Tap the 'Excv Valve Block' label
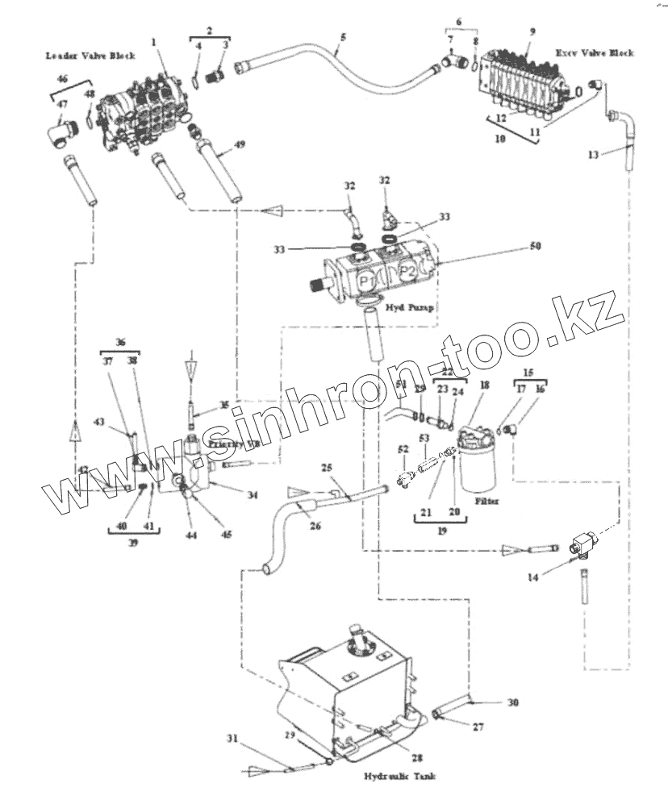tap(595, 53)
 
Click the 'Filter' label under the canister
tap(486, 501)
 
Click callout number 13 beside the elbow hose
tap(594, 155)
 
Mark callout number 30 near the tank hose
tap(514, 702)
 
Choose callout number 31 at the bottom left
tap(232, 739)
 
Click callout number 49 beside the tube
tap(238, 144)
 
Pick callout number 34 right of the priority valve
tap(253, 495)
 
